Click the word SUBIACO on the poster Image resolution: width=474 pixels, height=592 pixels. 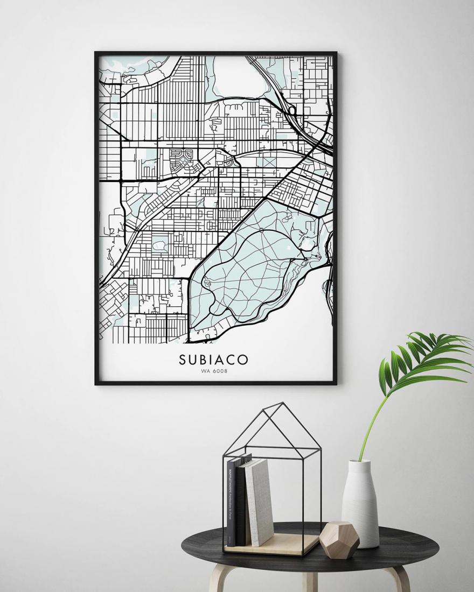214,360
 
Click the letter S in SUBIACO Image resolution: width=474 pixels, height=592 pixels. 183,360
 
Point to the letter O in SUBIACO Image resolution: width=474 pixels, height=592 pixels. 244,360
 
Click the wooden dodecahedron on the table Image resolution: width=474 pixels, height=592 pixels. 339,540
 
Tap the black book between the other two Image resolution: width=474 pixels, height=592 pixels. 241,503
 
